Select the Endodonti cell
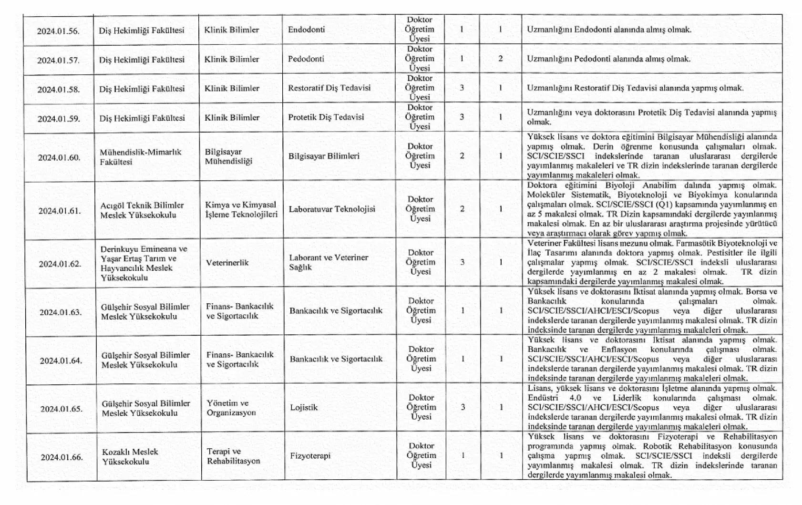(307, 30)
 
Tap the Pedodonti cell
(306, 59)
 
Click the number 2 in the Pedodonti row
(500, 59)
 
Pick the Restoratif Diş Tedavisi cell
(329, 88)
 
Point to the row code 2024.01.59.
(59, 119)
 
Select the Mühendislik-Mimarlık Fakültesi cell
(141, 157)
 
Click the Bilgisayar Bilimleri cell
(324, 156)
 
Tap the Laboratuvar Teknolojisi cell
(332, 209)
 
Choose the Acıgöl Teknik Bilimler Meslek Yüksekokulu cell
(142, 210)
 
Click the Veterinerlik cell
(227, 263)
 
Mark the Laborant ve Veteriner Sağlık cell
(329, 262)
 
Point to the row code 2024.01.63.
(61, 313)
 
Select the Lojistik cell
(304, 408)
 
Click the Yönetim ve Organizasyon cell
(231, 408)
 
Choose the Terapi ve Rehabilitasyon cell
(233, 456)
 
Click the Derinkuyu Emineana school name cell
(144, 263)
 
